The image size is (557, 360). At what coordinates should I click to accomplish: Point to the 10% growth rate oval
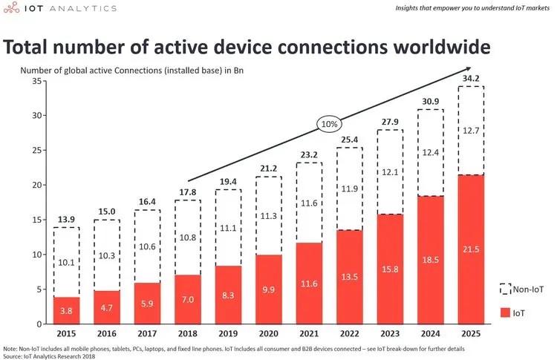click(x=329, y=124)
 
